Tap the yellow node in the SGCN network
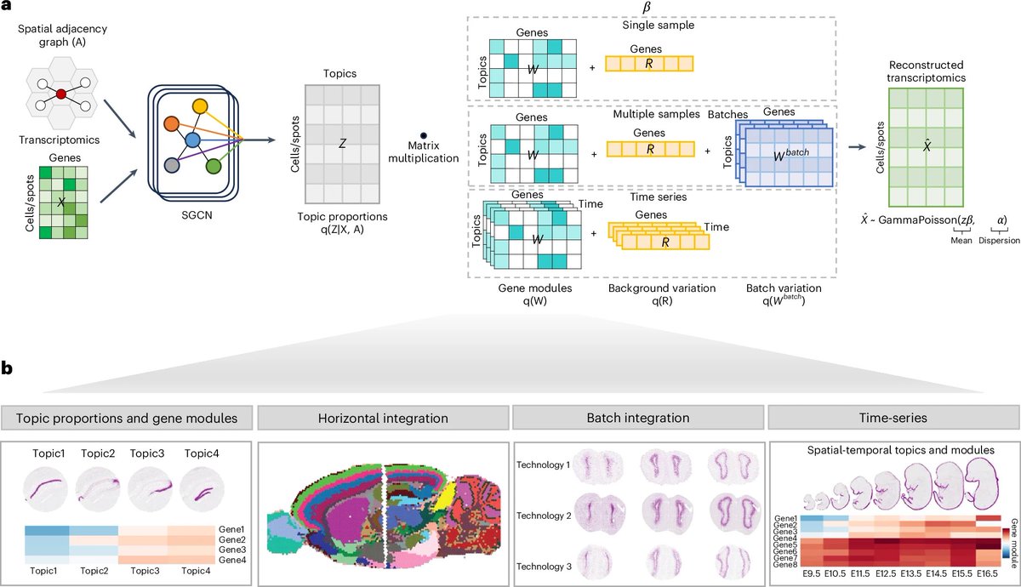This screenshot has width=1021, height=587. pos(200,106)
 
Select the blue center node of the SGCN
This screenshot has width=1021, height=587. pos(193,139)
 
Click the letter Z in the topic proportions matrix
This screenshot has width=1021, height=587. pos(342,145)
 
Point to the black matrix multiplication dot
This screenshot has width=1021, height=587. pos(423,135)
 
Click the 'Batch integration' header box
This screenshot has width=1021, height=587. pos(637,419)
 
